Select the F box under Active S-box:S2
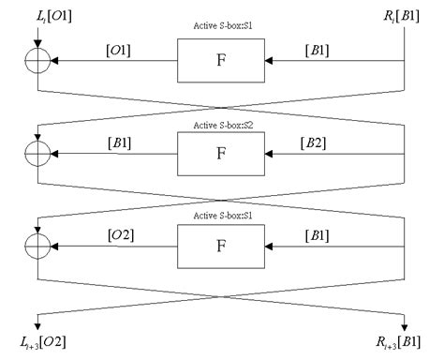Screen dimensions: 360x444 pos(221,153)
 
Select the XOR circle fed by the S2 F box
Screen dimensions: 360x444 pos(38,153)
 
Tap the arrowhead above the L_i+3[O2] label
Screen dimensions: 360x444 pos(38,322)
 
